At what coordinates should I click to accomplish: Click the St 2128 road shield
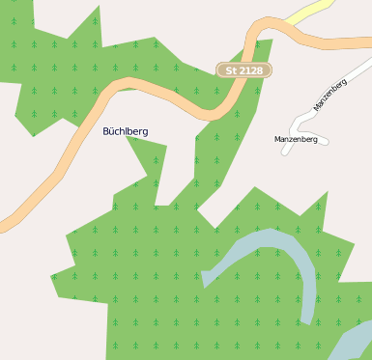[243, 70]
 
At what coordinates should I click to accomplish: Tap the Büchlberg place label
[126, 130]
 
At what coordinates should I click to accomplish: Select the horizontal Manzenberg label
[296, 139]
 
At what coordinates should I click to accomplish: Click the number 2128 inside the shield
[250, 70]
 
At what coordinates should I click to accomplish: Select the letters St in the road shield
[230, 70]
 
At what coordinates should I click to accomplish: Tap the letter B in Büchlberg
[106, 130]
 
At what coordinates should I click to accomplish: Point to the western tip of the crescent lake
[205, 279]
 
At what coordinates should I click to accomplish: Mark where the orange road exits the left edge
[3, 225]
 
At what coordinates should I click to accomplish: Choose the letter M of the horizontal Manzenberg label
[277, 139]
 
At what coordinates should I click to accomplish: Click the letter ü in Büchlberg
[113, 130]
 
